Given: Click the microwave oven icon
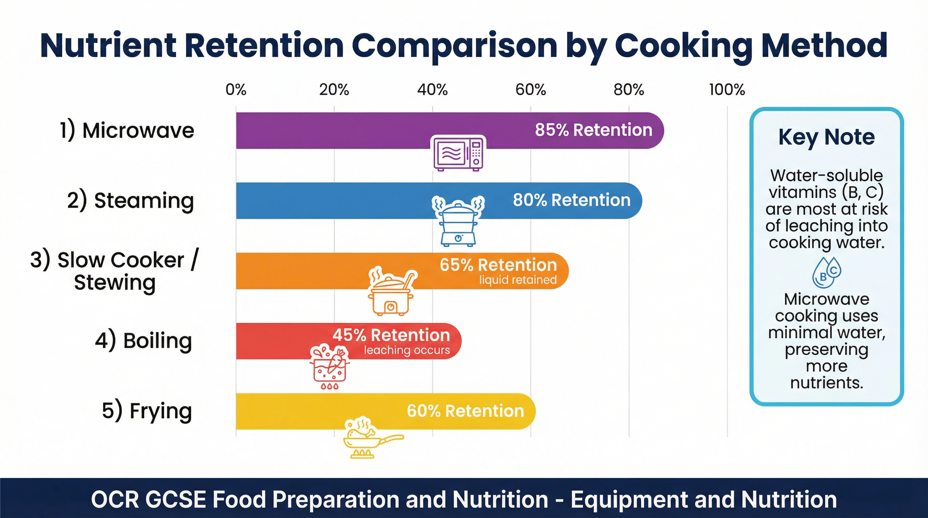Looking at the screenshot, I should click(x=458, y=153).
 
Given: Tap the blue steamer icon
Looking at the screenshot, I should click(x=458, y=221).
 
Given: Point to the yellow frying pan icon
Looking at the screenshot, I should click(x=371, y=437).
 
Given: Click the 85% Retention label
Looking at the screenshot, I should click(x=593, y=130).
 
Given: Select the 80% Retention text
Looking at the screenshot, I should click(x=571, y=200).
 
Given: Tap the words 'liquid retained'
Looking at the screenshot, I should click(x=518, y=280).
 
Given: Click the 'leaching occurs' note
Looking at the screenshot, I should click(x=407, y=350).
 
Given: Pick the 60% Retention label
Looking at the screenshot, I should click(x=465, y=411).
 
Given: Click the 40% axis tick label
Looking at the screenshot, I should click(x=432, y=89).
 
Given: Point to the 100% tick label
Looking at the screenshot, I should click(x=727, y=89).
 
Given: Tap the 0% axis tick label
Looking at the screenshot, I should click(x=236, y=89).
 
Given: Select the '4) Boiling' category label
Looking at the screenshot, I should click(x=143, y=340).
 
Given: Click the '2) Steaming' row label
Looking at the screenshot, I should click(x=130, y=200).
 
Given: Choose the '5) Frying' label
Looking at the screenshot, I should click(x=147, y=411).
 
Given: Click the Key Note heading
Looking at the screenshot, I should click(x=826, y=137).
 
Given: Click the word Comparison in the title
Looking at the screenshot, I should click(x=454, y=46).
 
